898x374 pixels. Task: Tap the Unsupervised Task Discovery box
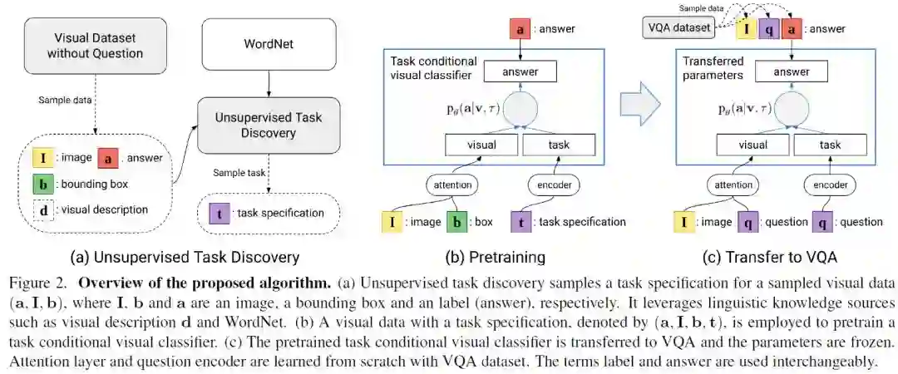click(x=268, y=125)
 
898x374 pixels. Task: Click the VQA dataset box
click(x=678, y=29)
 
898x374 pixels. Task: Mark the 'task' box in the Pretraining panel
click(x=559, y=145)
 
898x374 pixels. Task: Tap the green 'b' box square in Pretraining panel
click(x=457, y=221)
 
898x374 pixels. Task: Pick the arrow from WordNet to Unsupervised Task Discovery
click(x=268, y=83)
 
